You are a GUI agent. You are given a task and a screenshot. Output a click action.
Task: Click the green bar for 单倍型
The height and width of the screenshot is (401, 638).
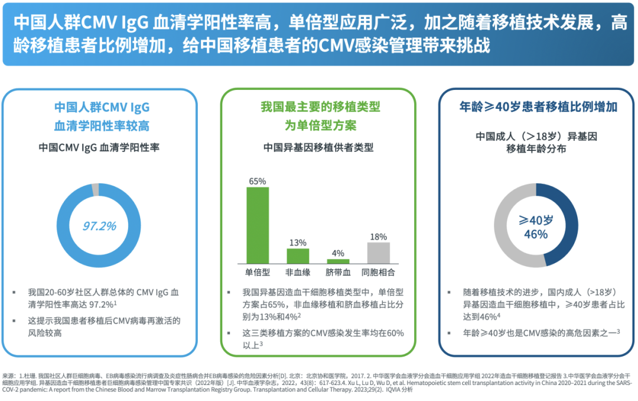tap(258, 225)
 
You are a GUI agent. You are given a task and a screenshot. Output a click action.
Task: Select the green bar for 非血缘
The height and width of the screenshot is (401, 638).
tap(298, 256)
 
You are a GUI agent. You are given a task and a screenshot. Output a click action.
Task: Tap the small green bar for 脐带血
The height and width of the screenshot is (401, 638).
tap(338, 261)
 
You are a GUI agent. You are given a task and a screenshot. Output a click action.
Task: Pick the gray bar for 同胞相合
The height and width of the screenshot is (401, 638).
tap(378, 253)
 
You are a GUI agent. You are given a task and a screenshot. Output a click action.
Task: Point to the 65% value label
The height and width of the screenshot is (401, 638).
tap(258, 181)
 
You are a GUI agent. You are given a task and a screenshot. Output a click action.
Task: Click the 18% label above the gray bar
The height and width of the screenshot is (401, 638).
tap(378, 237)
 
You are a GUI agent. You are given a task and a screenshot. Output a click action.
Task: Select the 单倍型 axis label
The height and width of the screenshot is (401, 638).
tap(258, 273)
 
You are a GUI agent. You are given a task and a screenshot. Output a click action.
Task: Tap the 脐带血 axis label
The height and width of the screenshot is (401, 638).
tap(338, 273)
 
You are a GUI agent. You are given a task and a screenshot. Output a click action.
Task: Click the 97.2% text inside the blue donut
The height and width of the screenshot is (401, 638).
tap(99, 225)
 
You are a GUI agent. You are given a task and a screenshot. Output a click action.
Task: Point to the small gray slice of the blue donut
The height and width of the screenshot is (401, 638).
tap(96, 190)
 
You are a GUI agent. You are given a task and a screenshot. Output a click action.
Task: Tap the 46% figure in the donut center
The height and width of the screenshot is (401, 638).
tap(536, 234)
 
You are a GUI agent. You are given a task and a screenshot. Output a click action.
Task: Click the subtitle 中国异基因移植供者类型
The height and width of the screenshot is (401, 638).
tap(318, 148)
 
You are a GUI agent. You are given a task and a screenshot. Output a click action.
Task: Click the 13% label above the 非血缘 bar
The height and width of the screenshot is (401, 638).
tap(298, 242)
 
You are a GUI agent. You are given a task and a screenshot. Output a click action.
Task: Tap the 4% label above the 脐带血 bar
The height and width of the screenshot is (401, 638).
tap(338, 253)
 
